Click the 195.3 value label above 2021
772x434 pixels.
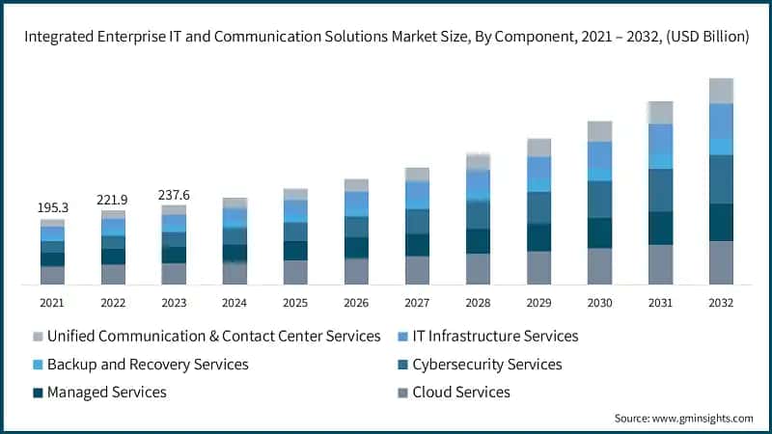tap(52, 208)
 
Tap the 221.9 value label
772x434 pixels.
tap(113, 200)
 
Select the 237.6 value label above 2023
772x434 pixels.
tap(174, 195)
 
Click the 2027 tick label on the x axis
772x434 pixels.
tap(417, 302)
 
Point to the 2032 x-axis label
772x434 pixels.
tap(720, 302)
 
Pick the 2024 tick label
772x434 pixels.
tap(234, 302)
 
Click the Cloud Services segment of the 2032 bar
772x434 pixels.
tap(721, 262)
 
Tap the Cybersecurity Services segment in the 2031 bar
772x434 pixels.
tap(660, 190)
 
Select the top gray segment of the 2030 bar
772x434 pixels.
tap(599, 131)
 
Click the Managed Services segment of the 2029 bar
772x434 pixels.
tap(538, 237)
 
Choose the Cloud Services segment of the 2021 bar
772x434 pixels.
tap(52, 275)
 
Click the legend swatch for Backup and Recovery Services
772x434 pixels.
tap(39, 365)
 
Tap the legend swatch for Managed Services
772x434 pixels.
tap(39, 393)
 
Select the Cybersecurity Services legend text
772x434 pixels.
tap(486, 365)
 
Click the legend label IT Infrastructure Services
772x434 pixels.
tap(495, 337)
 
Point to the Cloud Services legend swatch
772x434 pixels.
tap(403, 393)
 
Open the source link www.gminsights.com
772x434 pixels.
tap(703, 419)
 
